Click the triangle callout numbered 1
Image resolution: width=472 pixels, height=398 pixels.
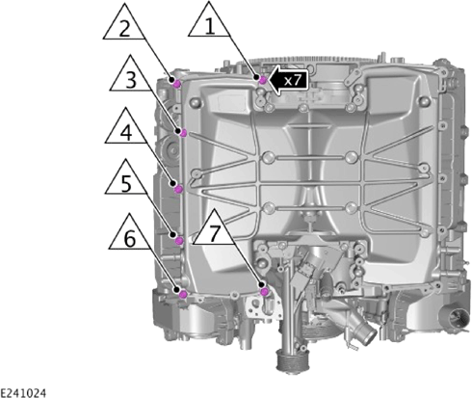[209, 23]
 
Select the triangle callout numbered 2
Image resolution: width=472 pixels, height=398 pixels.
[124, 26]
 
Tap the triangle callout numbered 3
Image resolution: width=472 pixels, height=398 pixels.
[131, 77]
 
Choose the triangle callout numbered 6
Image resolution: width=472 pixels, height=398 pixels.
[130, 236]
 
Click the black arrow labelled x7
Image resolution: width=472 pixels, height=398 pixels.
[288, 80]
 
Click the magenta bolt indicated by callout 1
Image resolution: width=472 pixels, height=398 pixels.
[263, 80]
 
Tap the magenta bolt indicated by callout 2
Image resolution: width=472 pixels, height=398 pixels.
[177, 84]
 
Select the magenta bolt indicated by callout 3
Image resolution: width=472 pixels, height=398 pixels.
[183, 133]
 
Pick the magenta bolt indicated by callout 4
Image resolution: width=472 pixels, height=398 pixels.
[179, 190]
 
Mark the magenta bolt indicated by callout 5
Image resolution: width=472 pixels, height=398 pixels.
[179, 240]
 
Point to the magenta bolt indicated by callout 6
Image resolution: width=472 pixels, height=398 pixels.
[183, 294]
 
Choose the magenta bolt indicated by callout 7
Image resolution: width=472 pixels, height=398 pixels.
[265, 292]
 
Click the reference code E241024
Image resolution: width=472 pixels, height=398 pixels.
[23, 393]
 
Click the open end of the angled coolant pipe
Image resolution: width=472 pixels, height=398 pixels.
[370, 336]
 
